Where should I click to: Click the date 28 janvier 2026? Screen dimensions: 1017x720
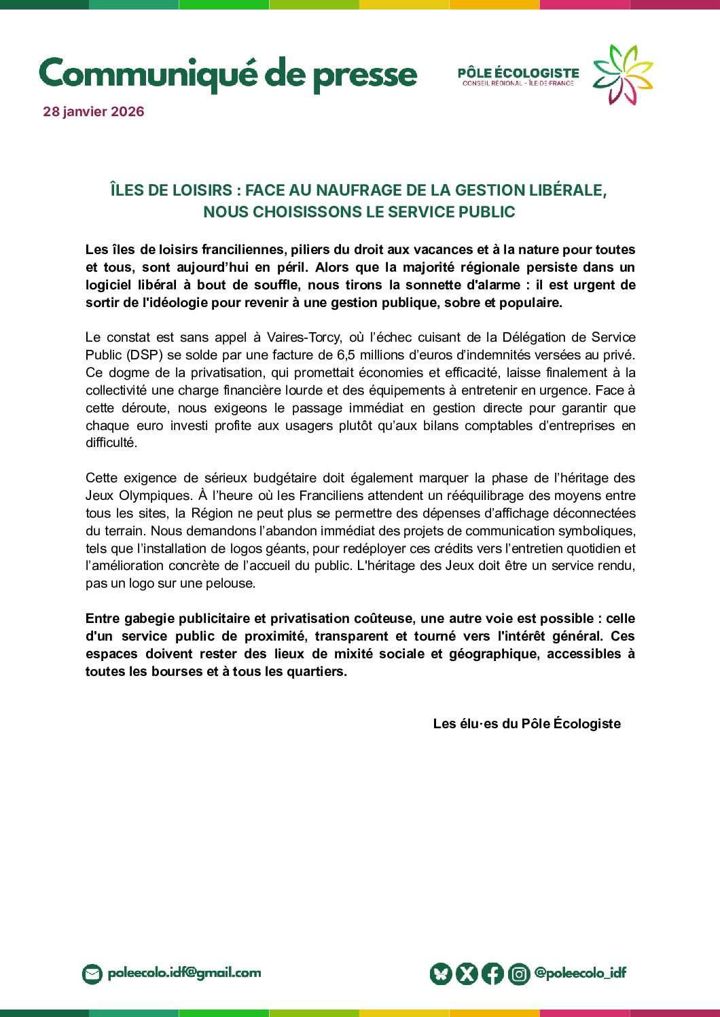(94, 111)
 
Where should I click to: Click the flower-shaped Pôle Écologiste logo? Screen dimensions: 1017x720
(622, 75)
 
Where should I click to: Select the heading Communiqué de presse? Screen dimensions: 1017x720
(228, 74)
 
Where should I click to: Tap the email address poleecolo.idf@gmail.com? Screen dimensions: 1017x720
(184, 973)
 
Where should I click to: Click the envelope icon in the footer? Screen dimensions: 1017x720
(92, 974)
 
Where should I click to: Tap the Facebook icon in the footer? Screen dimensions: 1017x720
(492, 974)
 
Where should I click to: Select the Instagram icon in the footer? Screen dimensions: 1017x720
(519, 974)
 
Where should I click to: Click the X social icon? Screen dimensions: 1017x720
(467, 974)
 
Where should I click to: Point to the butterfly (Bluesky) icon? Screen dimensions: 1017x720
(441, 974)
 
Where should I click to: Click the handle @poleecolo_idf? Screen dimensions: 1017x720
(580, 973)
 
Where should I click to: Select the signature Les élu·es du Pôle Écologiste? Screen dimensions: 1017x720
(526, 724)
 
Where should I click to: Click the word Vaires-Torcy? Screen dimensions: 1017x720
(304, 338)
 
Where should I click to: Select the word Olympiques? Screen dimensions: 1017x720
(159, 496)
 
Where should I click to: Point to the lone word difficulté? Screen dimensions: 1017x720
(111, 443)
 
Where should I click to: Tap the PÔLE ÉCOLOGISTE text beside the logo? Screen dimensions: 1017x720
(518, 73)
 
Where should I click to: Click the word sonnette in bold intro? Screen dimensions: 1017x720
(431, 285)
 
